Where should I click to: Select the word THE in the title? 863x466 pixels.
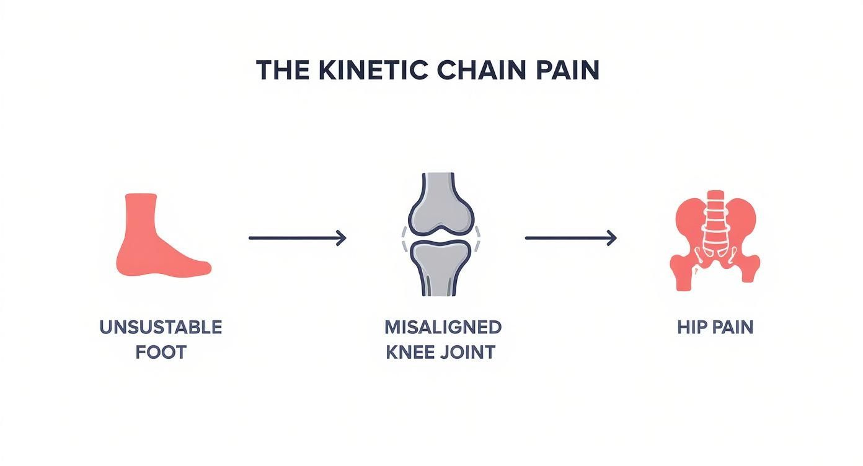[x=282, y=71]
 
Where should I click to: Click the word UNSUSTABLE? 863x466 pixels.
[x=161, y=327]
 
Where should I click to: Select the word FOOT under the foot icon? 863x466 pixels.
[x=161, y=353]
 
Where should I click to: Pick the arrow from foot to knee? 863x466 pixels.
[x=296, y=238]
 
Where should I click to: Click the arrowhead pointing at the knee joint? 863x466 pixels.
[x=342, y=238]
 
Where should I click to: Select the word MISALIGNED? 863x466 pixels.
[x=442, y=327]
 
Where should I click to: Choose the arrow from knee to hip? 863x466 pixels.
[x=570, y=238]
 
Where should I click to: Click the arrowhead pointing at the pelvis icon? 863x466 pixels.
[x=613, y=238]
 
